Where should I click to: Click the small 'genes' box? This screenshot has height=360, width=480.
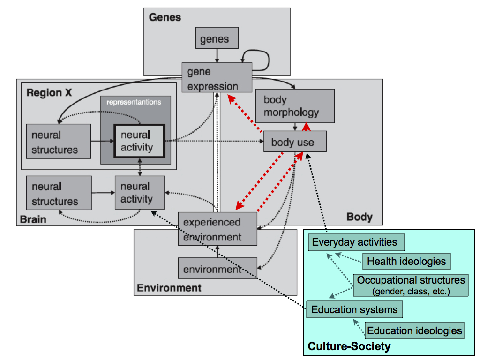tap(217, 38)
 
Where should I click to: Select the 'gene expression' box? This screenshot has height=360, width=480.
tap(217, 78)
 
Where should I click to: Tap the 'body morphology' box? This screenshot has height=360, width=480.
tap(295, 106)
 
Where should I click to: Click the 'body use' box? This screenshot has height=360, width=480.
tap(295, 142)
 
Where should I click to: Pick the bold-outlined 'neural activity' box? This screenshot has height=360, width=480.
tap(139, 141)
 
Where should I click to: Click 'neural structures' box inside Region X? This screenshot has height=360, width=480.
tap(58, 142)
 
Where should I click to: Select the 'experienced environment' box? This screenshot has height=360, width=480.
tap(217, 229)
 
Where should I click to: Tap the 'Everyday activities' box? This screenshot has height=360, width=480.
tap(356, 242)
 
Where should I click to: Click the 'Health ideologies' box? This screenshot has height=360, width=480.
tap(406, 261)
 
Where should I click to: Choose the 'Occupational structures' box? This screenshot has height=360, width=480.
tap(411, 285)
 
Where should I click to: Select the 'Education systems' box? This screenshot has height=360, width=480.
tap(354, 310)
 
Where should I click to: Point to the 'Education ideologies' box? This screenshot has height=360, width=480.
tap(414, 330)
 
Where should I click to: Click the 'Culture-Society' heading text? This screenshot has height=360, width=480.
tap(349, 347)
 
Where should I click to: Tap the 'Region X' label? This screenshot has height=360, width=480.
tap(50, 92)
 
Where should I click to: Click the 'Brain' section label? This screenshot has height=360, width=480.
tap(33, 219)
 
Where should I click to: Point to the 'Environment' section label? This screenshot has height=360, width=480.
tap(169, 288)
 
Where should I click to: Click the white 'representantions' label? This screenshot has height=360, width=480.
tap(134, 102)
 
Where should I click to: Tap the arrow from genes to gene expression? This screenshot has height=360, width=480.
tap(217, 55)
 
